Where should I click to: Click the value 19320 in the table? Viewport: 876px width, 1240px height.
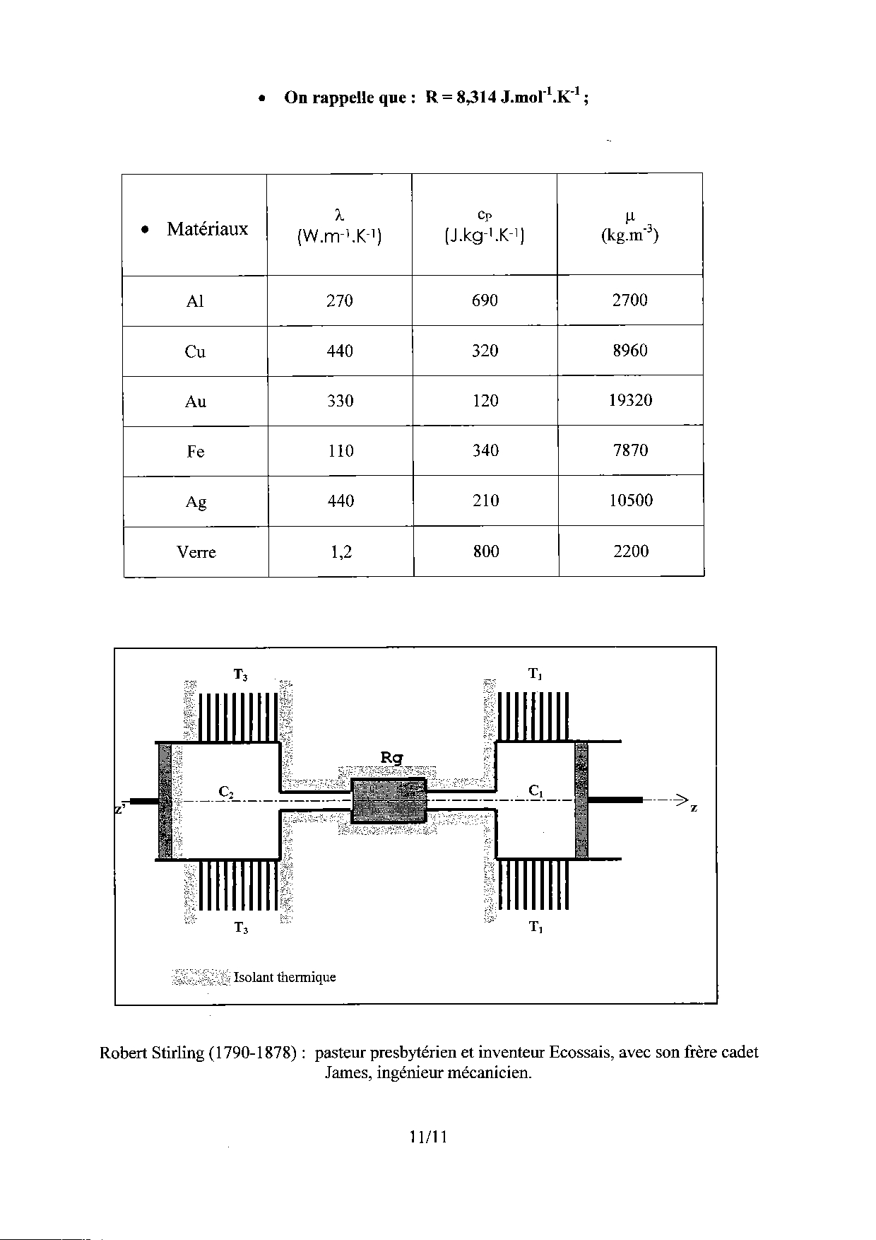pyautogui.click(x=630, y=401)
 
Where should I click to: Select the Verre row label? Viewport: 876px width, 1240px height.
pyautogui.click(x=196, y=552)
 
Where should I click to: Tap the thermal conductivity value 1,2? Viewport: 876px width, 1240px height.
pyautogui.click(x=341, y=552)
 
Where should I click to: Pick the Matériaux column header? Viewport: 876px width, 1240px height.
pyautogui.click(x=207, y=229)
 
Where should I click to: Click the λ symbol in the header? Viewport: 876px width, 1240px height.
pyautogui.click(x=339, y=213)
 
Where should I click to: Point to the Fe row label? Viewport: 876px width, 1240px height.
pyautogui.click(x=196, y=452)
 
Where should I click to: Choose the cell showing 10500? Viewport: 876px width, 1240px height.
pyautogui.click(x=630, y=501)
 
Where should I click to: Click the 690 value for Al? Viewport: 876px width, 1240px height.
pyautogui.click(x=485, y=300)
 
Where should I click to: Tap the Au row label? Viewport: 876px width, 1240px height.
pyautogui.click(x=196, y=402)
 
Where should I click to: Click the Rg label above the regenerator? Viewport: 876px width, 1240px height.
pyautogui.click(x=391, y=758)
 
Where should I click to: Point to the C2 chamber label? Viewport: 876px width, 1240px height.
pyautogui.click(x=226, y=792)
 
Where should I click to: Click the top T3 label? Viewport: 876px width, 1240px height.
pyautogui.click(x=240, y=675)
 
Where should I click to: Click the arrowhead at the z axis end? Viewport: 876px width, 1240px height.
pyautogui.click(x=681, y=800)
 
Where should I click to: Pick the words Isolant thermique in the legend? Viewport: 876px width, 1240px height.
pyautogui.click(x=285, y=978)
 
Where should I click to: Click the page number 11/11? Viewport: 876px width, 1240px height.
pyautogui.click(x=428, y=1137)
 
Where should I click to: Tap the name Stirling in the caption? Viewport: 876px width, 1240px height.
pyautogui.click(x=178, y=1053)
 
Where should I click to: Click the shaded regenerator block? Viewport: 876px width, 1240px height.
pyautogui.click(x=389, y=800)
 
